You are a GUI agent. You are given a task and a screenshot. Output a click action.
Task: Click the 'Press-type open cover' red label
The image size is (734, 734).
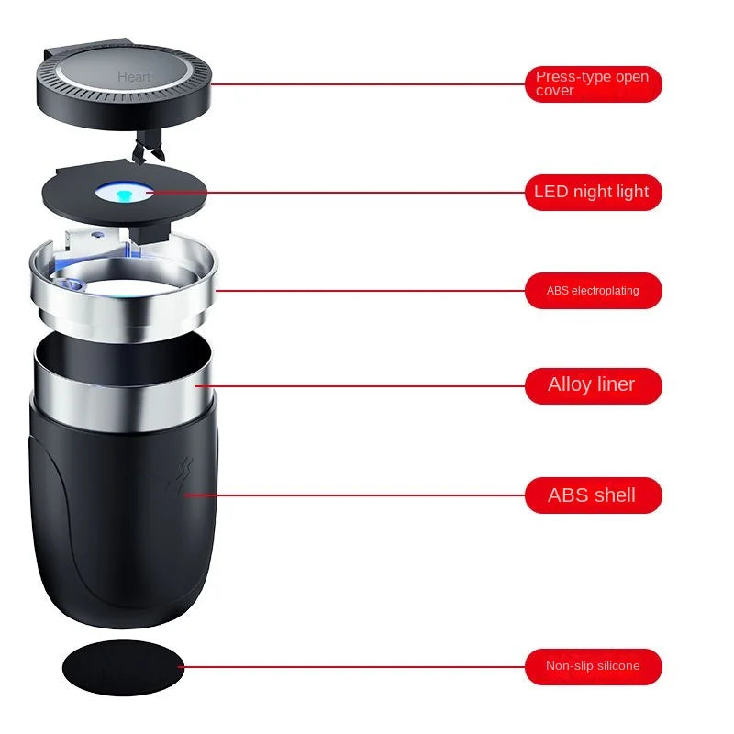[593, 83]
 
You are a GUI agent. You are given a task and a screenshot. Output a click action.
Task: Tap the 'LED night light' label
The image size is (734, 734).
[593, 192]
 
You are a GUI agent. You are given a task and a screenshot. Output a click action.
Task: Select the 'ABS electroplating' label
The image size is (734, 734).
[593, 291]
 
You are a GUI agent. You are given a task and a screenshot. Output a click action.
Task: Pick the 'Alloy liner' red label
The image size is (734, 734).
[593, 384]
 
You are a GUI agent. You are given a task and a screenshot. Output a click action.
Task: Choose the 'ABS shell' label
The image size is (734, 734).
[593, 495]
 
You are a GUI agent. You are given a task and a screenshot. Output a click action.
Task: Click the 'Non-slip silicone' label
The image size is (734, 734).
[593, 666]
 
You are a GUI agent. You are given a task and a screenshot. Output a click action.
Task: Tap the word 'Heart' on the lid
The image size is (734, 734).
[134, 78]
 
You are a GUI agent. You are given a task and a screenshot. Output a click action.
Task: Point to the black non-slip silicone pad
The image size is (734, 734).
[122, 666]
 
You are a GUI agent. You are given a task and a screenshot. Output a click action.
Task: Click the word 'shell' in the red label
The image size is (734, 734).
[614, 495]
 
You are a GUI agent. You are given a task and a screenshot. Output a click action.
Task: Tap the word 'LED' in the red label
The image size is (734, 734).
[551, 192]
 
